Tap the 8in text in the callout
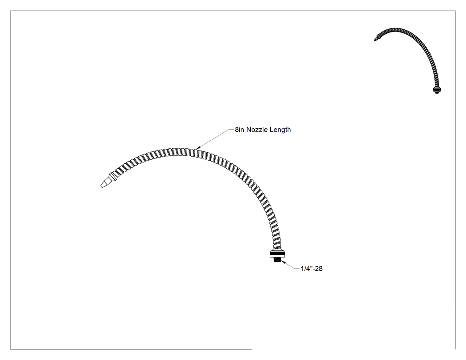click(240, 130)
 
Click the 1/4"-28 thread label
click(312, 269)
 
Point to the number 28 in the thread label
click(319, 269)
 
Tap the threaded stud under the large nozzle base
click(277, 260)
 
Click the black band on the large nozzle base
click(277, 253)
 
